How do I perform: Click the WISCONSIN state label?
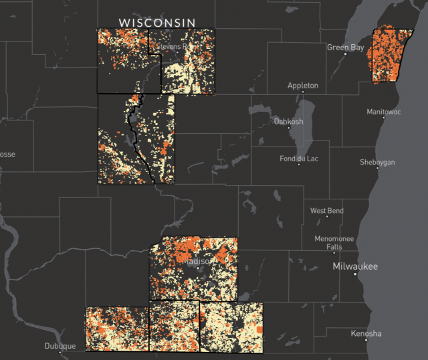[x=157, y=22]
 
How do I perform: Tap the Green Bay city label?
[x=345, y=48]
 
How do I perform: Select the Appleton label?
[x=303, y=86]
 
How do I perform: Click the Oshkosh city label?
[x=288, y=121]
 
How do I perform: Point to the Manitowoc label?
[x=384, y=112]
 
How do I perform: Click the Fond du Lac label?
[x=300, y=159]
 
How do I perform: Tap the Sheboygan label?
[x=377, y=163]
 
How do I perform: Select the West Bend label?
[x=327, y=211]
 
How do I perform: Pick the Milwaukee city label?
[x=355, y=266]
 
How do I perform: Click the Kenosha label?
[x=366, y=333]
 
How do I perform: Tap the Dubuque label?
[x=60, y=346]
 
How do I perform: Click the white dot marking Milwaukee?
[x=355, y=274]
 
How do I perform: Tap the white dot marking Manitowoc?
[x=383, y=118]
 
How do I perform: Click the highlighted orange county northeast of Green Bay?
[x=391, y=54]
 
